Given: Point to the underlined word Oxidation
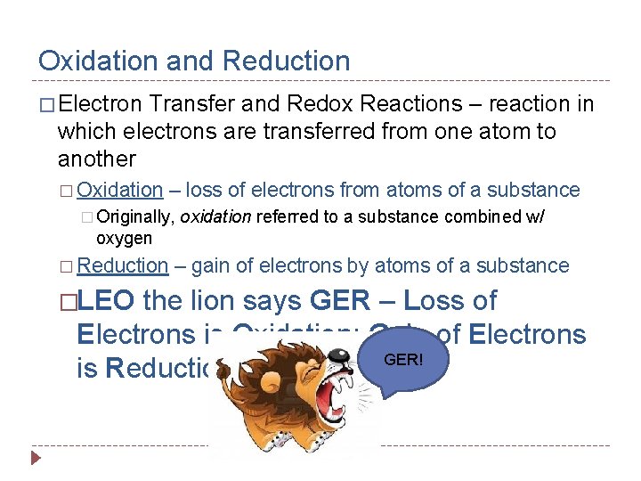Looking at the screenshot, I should click(120, 190).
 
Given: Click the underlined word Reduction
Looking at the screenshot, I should click(123, 265).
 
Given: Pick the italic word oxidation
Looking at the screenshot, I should click(216, 216).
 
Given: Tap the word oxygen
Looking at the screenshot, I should click(124, 239).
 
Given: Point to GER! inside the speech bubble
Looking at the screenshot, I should click(403, 358).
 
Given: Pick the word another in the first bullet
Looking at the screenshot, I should click(97, 159).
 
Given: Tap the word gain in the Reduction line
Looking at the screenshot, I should click(211, 265).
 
